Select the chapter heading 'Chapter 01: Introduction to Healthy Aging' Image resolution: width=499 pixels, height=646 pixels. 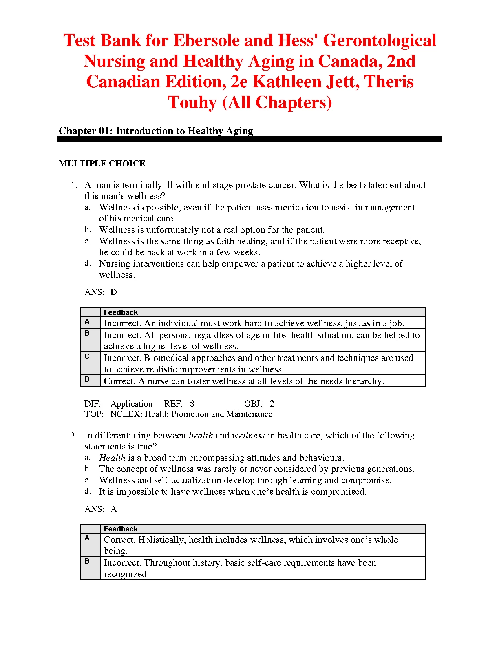coord(156,131)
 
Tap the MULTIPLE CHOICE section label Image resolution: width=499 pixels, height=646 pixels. coord(102,164)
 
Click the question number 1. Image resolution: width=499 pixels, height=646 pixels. coord(73,186)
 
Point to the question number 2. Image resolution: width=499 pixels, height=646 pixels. coord(73,436)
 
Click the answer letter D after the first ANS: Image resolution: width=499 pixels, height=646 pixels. coord(114,292)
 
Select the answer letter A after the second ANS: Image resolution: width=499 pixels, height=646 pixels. coord(114,509)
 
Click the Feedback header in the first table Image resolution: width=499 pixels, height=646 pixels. coord(121,312)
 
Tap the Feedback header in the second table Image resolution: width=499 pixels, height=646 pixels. coord(121,529)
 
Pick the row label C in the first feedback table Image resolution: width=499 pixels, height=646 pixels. coord(87,356)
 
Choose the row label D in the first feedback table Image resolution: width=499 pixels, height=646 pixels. coord(87,379)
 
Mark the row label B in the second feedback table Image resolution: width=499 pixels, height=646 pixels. coord(87,561)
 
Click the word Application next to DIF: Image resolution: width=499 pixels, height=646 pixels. coord(132,404)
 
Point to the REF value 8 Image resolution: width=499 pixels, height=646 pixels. coord(192,404)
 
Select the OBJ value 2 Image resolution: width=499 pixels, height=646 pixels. coord(272,404)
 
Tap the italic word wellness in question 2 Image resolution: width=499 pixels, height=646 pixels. coord(248,436)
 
